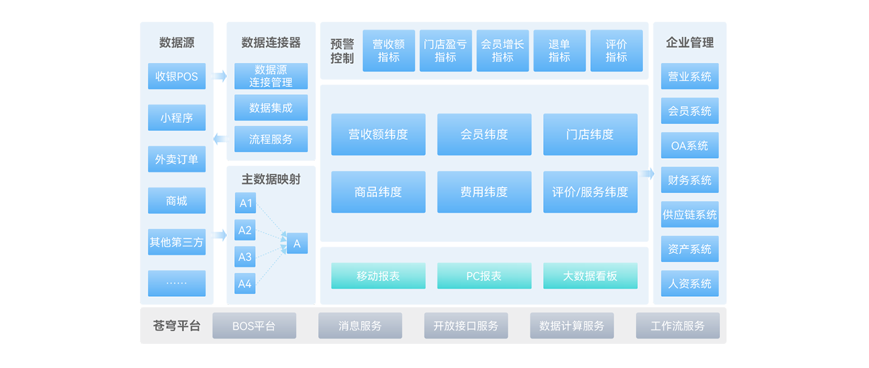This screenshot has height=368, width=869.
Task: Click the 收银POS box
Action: (x=176, y=77)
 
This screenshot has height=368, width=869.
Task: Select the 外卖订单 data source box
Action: (x=176, y=159)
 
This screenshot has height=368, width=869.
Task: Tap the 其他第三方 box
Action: (x=176, y=242)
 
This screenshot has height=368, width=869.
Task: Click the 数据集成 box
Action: (x=271, y=108)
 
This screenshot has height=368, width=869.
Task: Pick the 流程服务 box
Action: (x=271, y=139)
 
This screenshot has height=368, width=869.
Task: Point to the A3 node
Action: (x=245, y=257)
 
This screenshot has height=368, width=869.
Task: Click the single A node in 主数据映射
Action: (x=297, y=244)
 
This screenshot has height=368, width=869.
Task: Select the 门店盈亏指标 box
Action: (x=445, y=51)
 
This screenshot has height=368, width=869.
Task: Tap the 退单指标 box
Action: (x=559, y=51)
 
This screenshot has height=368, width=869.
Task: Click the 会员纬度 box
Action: (x=484, y=135)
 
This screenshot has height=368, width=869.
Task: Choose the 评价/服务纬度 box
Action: (x=590, y=192)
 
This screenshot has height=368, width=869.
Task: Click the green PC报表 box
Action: (x=484, y=276)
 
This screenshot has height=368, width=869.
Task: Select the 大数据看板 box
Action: (x=590, y=276)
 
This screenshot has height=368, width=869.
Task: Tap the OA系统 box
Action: (x=690, y=145)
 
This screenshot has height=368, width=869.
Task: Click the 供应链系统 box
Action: (x=690, y=215)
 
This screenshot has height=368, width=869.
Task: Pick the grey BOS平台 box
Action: (x=254, y=326)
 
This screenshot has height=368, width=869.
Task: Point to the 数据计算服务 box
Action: (x=571, y=326)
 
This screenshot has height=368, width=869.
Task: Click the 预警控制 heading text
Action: (x=342, y=51)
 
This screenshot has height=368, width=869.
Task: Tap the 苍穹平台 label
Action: (x=176, y=326)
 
